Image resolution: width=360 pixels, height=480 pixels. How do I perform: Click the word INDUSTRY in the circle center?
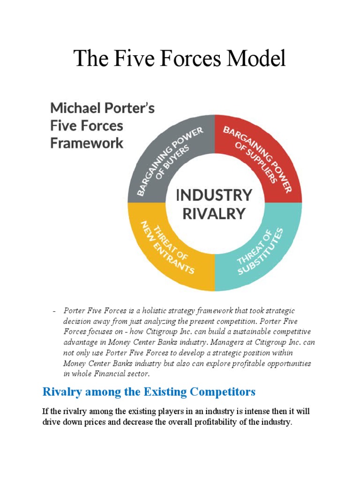tap(214, 195)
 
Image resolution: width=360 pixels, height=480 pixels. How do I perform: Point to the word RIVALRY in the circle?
tap(214, 214)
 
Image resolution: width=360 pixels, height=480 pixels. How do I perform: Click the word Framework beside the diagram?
tap(87, 143)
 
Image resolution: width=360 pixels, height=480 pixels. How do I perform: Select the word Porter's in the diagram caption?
tap(132, 108)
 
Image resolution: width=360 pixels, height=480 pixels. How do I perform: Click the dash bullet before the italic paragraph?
tap(54, 311)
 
